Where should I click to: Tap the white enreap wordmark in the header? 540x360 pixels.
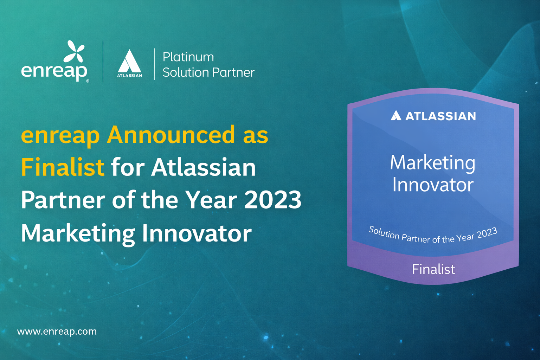(x=54, y=72)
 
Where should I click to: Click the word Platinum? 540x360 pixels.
(x=188, y=57)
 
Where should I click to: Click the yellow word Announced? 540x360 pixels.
(x=171, y=135)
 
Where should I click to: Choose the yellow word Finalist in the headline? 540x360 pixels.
(x=63, y=167)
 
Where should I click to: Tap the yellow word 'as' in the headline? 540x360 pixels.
(x=256, y=135)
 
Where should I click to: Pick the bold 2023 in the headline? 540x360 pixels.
(x=273, y=200)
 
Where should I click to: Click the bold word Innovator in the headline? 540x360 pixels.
(x=197, y=233)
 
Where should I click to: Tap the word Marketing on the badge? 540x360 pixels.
(x=432, y=163)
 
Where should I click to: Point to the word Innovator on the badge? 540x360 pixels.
(x=433, y=185)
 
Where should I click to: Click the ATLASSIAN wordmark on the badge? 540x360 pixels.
(x=441, y=116)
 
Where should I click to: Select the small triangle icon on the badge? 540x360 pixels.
(x=396, y=116)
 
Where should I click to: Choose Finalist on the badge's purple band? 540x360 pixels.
(x=433, y=269)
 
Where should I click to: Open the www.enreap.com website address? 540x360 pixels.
(x=57, y=332)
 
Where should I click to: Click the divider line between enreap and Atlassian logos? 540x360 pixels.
(x=103, y=62)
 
